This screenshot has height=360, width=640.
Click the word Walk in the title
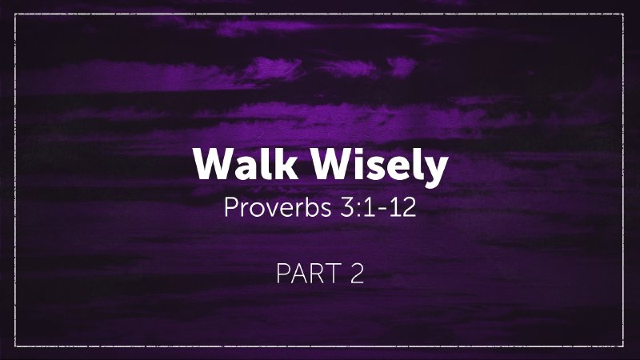[x=239, y=166]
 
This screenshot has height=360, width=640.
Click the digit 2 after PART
[x=356, y=274]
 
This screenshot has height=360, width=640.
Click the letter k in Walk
[x=277, y=165]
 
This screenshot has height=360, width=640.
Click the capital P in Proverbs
[x=232, y=208]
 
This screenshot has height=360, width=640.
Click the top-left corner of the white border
[x=17, y=14]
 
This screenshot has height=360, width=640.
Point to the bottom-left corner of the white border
[x=17, y=346]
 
